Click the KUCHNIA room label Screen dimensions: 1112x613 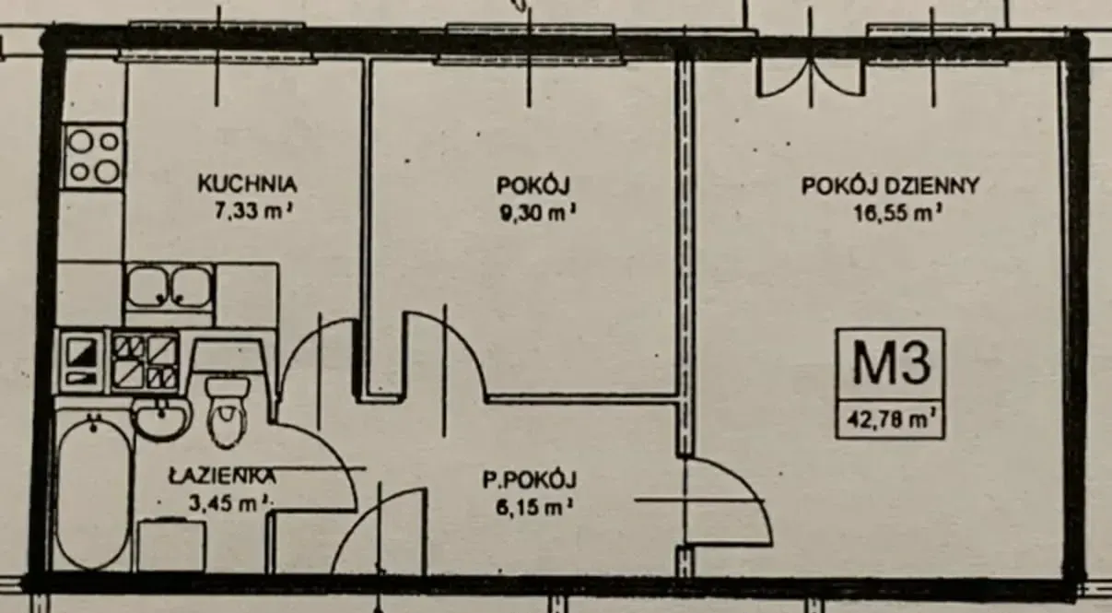[247, 183]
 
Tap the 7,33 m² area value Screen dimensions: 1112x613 [252, 210]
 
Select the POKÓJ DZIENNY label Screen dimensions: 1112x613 [890, 186]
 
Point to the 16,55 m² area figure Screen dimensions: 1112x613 [897, 213]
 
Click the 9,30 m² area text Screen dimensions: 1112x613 [538, 213]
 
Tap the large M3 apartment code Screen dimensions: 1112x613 [891, 363]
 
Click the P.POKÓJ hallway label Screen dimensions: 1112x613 [530, 480]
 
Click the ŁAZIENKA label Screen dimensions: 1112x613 [222, 476]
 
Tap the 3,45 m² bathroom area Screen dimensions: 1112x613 [229, 503]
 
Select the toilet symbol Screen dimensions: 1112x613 [228, 411]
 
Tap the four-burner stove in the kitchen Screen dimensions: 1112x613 [93, 157]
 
